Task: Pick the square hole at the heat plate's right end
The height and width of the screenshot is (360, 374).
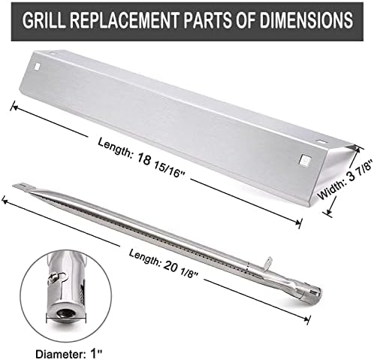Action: (x=304, y=160)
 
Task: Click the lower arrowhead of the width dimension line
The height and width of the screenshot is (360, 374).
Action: (x=328, y=213)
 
